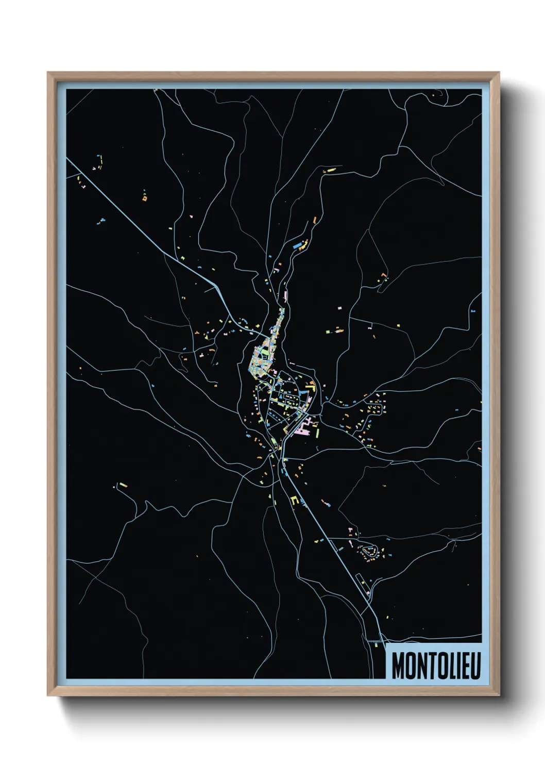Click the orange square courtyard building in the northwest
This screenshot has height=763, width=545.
[x=145, y=197]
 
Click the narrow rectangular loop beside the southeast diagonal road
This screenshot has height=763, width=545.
[x=363, y=585]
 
